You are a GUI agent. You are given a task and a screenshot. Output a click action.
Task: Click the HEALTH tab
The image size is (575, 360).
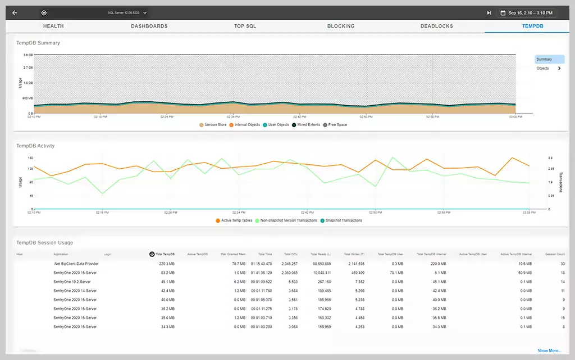point(53,26)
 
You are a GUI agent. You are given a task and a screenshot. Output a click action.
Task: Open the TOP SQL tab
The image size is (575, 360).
point(245,26)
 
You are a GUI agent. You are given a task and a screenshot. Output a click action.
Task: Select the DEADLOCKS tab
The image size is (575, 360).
point(436,26)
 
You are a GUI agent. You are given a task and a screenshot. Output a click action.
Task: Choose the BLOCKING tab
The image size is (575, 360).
point(341,26)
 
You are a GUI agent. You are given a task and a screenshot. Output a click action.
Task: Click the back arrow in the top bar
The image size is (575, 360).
point(15,12)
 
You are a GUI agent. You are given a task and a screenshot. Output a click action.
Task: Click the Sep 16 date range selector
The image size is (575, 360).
point(530,12)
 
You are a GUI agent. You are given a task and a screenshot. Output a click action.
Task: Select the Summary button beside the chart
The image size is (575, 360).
point(549,59)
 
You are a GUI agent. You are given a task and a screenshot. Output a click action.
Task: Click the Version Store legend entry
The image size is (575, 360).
point(213,124)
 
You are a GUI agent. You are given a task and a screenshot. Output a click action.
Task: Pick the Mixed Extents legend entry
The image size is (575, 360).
point(307,124)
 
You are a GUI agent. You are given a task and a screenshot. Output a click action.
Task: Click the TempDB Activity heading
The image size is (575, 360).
point(35,146)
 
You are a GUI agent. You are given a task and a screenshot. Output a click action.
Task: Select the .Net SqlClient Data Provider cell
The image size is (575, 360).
point(76,263)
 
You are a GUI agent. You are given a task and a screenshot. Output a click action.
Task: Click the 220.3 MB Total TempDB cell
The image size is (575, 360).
point(167,263)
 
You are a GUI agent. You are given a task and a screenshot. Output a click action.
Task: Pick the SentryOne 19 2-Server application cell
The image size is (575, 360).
point(72,281)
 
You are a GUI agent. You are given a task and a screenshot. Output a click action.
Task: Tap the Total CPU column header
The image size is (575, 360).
point(290,254)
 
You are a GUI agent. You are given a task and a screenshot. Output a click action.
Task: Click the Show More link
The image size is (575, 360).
point(549,350)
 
